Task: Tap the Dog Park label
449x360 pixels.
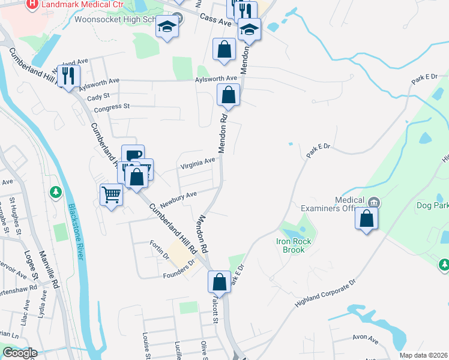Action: (432, 205)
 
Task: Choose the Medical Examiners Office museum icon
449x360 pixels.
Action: (375, 202)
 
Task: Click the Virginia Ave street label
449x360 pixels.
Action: (197, 161)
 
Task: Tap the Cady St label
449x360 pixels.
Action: (98, 96)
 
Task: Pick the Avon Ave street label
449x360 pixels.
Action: (366, 340)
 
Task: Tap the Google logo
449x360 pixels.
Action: (20, 353)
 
